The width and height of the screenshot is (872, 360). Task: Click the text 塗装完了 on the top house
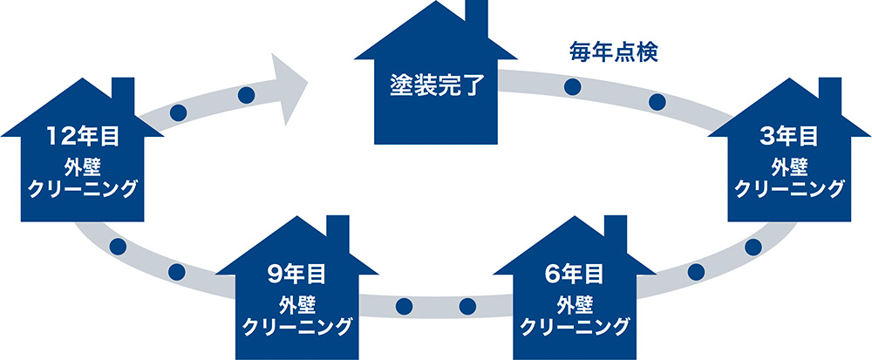pos(433,87)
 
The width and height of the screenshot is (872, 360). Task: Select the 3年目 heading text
pos(788,136)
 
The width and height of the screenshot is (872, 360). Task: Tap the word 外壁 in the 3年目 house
pos(788,166)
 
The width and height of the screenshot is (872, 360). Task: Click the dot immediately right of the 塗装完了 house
pos(573,86)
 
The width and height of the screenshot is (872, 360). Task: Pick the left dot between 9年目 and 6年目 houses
pos(404,306)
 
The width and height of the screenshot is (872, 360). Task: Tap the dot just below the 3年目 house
pos(753,247)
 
